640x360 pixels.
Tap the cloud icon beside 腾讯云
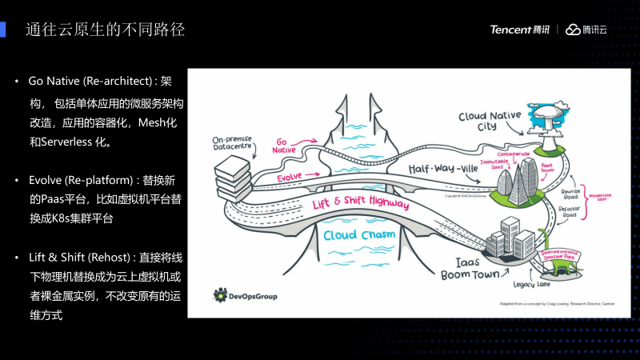tap(572, 30)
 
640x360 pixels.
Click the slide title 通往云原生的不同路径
tap(106, 30)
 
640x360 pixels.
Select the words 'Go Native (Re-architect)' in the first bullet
tap(90, 82)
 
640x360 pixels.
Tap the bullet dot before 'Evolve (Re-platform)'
tap(17, 179)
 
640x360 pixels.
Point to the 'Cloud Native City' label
tap(489, 121)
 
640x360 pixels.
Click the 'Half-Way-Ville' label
tap(445, 170)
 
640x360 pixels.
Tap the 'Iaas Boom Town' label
tap(472, 268)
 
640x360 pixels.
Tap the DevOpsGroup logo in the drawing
tap(246, 296)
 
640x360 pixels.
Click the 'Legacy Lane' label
tap(532, 283)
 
